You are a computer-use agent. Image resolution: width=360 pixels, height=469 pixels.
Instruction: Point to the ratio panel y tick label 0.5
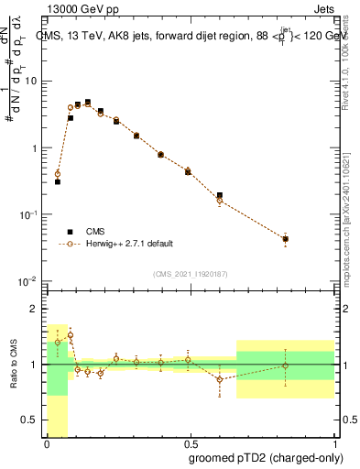click(29, 420)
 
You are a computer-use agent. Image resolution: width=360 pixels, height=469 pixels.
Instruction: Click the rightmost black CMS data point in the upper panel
click(286, 239)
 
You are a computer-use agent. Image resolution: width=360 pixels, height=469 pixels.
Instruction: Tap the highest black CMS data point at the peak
click(88, 103)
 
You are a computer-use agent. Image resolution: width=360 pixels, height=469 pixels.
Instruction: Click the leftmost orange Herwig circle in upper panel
click(58, 173)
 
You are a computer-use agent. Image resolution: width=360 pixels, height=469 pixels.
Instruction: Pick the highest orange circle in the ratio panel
click(71, 335)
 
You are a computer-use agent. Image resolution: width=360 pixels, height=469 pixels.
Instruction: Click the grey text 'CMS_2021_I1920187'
click(191, 274)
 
